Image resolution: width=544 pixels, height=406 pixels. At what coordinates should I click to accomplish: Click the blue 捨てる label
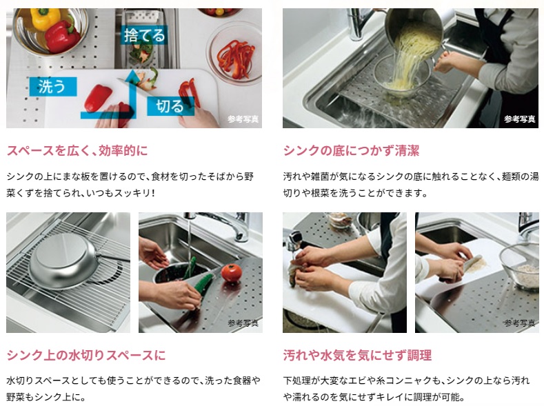pos(144,34)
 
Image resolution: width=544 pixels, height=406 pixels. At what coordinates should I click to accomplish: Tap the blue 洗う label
pos(52,86)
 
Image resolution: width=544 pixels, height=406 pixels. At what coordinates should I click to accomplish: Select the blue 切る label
pos(170,106)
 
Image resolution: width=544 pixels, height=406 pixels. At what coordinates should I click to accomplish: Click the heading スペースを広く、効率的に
pos(77,150)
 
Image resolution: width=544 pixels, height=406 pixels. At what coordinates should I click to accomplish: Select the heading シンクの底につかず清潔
pos(351,150)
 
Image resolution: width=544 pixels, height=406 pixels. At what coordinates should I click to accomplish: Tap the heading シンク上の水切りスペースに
pos(85,355)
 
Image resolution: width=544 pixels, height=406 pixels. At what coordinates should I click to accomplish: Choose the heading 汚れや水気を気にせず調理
pos(357,355)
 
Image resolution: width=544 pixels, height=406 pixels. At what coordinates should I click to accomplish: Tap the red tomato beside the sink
pos(232,272)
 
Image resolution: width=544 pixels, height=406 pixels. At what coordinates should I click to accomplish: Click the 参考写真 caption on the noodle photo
pos(519,119)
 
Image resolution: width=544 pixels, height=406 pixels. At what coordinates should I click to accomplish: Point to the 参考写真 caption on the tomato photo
pos(243,323)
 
